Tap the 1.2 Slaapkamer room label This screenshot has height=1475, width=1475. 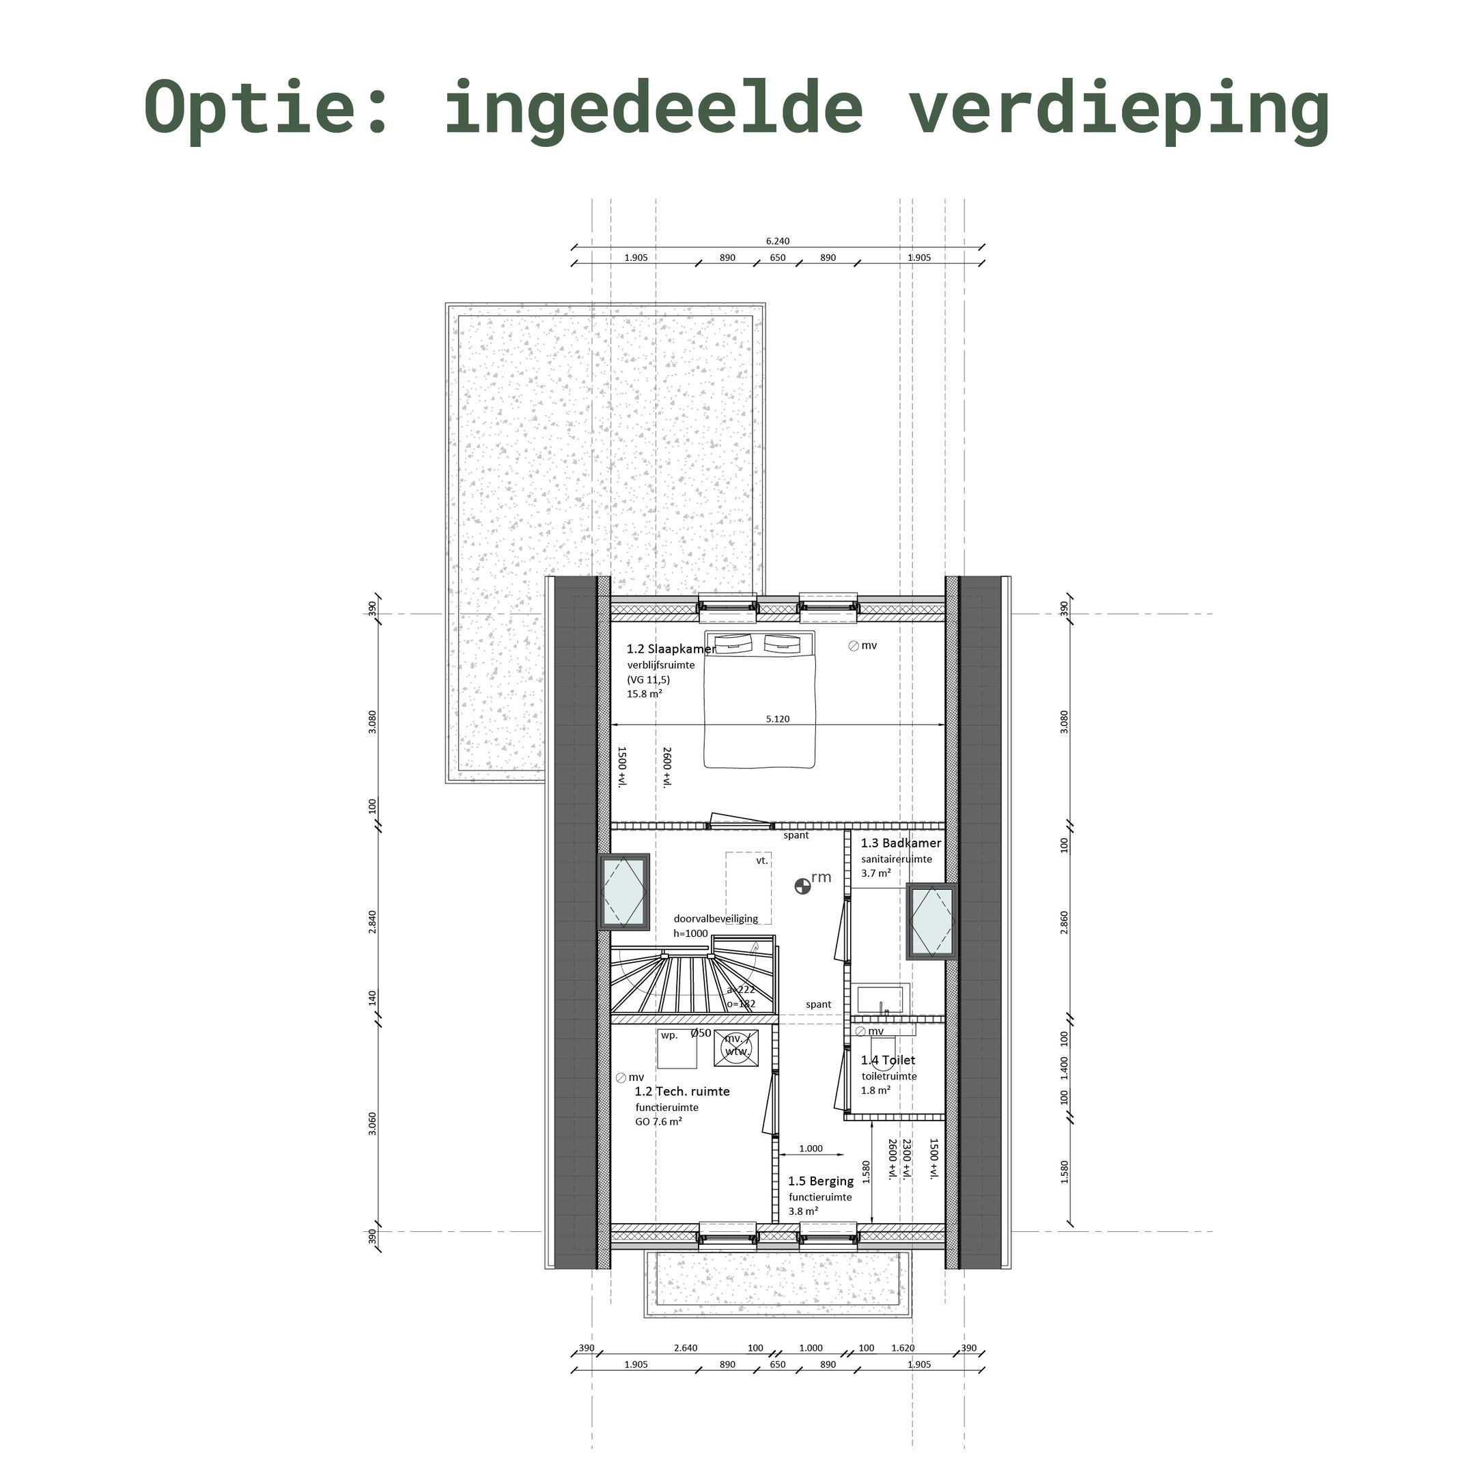point(671,649)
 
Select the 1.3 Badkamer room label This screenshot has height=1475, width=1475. point(900,843)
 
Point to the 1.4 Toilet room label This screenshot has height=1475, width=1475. point(887,1060)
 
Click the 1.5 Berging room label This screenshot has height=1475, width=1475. point(820,1181)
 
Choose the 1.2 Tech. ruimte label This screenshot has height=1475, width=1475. point(682,1091)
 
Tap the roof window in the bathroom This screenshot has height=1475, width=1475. point(931,921)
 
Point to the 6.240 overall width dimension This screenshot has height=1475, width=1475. point(777,241)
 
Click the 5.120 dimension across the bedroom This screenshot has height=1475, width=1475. point(777,718)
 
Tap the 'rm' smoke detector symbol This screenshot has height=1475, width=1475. point(802,886)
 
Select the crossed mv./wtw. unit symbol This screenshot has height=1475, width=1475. point(736,1047)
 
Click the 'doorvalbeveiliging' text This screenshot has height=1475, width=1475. point(716,918)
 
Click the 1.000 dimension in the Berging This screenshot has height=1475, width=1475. point(810,1148)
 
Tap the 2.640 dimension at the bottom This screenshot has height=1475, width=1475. point(685,1347)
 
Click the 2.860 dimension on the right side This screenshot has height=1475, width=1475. point(1063,921)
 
